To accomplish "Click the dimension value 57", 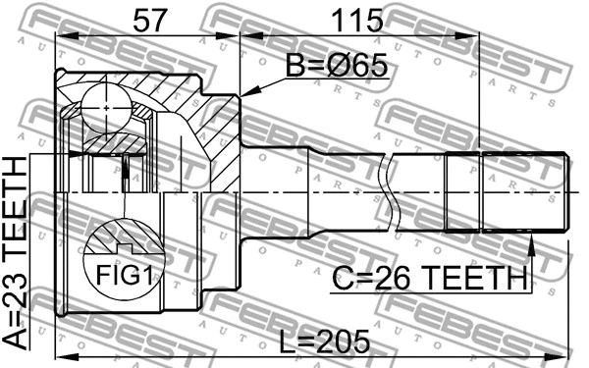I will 148,18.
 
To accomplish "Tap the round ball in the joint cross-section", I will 102,102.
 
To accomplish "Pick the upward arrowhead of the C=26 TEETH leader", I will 530,238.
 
